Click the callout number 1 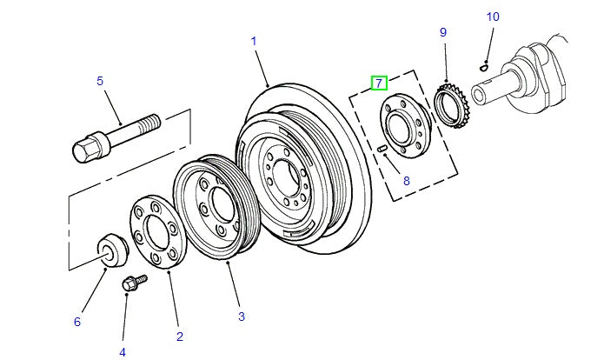click(254, 41)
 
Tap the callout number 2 click(180, 336)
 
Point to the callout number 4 click(123, 351)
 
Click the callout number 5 click(100, 81)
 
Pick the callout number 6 click(76, 322)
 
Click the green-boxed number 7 click(378, 83)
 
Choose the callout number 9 click(442, 32)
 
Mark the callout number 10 click(493, 17)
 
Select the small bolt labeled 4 click(134, 282)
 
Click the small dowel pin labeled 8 click(382, 150)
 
